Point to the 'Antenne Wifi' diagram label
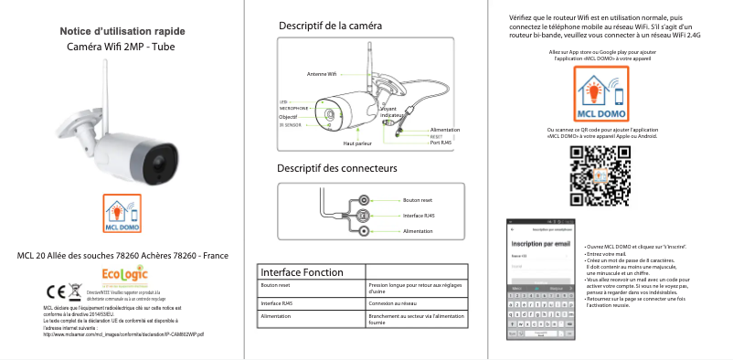tap(322, 73)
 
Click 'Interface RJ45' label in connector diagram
tap(419, 216)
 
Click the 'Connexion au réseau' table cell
tap(393, 302)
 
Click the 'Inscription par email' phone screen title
tap(541, 244)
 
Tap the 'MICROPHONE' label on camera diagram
tap(293, 108)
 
